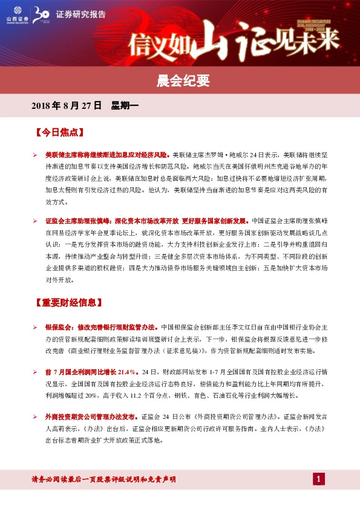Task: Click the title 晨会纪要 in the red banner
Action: tap(180, 79)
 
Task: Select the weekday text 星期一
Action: tap(125, 106)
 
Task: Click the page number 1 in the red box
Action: tap(319, 479)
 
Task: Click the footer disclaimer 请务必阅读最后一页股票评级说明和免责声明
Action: tap(103, 479)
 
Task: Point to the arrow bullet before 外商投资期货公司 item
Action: tap(36, 417)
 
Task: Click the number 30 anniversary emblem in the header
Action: tap(41, 14)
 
